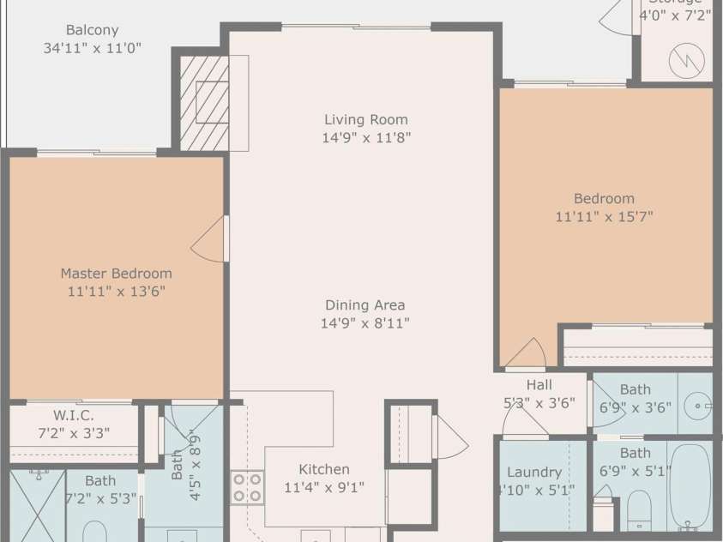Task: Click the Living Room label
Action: pyautogui.click(x=365, y=119)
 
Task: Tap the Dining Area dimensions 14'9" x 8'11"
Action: pyautogui.click(x=365, y=323)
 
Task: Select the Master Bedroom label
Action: pyautogui.click(x=116, y=274)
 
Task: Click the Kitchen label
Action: pyautogui.click(x=324, y=469)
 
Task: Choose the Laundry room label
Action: pyautogui.click(x=534, y=472)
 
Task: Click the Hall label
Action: pyautogui.click(x=539, y=385)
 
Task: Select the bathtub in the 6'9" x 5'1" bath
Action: pyautogui.click(x=690, y=485)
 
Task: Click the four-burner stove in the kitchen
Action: pyautogui.click(x=246, y=487)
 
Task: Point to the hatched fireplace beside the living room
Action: pyautogui.click(x=204, y=103)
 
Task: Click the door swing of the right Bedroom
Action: pyautogui.click(x=526, y=352)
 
